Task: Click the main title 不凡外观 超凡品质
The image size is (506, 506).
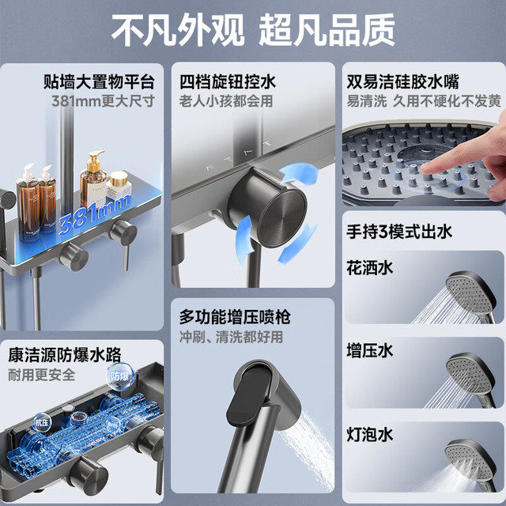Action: (x=253, y=30)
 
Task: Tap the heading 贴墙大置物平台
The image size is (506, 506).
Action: (x=99, y=81)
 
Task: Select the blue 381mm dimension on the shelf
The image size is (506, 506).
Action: (x=94, y=213)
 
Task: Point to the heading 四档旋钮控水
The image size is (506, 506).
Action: (x=228, y=81)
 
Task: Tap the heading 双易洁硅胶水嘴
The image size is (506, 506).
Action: (x=402, y=81)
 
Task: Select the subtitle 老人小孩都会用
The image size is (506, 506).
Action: (x=226, y=101)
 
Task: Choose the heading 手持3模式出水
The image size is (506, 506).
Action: (x=399, y=232)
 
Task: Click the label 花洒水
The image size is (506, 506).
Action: (x=370, y=268)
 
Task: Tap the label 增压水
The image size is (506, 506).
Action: (x=370, y=350)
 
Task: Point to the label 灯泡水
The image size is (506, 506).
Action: (x=370, y=434)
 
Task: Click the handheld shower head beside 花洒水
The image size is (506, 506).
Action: (x=470, y=294)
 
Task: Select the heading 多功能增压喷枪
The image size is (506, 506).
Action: (x=235, y=316)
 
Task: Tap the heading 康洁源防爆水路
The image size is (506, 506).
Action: (x=65, y=355)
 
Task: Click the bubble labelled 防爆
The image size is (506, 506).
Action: (x=119, y=376)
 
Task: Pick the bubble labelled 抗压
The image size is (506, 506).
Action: (x=42, y=423)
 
